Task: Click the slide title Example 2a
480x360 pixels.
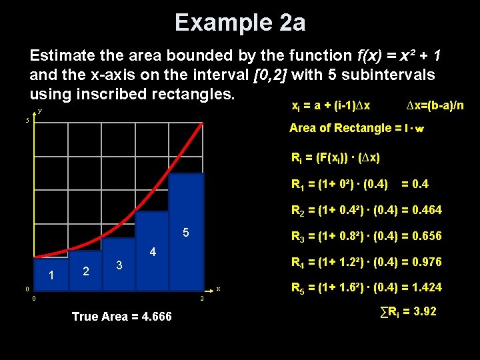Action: [240, 23]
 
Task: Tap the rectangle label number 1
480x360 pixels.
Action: [51, 275]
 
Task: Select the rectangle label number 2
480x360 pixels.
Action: [85, 271]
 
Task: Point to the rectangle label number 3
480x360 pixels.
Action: [119, 265]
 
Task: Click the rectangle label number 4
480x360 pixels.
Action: [153, 253]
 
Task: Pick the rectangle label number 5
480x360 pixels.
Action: [186, 233]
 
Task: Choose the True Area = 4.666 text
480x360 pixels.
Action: [121, 317]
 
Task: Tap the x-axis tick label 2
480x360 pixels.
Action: [202, 299]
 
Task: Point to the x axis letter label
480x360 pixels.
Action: [218, 289]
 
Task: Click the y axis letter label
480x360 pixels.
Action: [40, 111]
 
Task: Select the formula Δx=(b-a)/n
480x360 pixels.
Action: [434, 106]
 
